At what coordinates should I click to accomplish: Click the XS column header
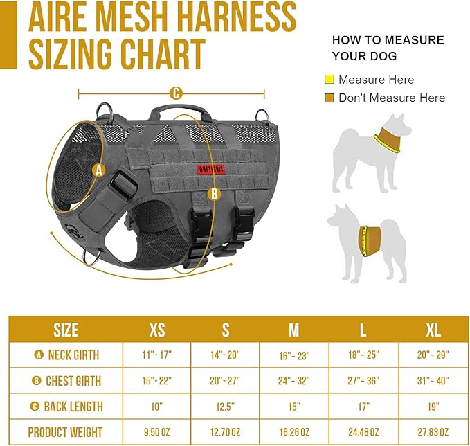[x=157, y=329]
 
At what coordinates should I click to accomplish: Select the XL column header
[x=433, y=329]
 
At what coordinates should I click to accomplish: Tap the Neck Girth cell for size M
[x=294, y=355]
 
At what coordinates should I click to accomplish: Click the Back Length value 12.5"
[x=226, y=406]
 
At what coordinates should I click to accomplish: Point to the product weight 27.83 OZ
[x=433, y=432]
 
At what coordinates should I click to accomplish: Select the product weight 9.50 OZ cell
[x=157, y=432]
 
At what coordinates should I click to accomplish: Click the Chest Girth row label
[x=67, y=380]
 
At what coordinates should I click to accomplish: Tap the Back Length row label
[x=67, y=406]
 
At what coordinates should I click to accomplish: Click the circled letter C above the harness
[x=176, y=93]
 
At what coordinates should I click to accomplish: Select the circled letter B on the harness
[x=214, y=194]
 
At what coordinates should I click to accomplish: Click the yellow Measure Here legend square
[x=329, y=80]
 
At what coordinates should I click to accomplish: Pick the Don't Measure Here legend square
[x=329, y=98]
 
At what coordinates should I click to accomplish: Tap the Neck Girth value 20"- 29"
[x=433, y=355]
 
